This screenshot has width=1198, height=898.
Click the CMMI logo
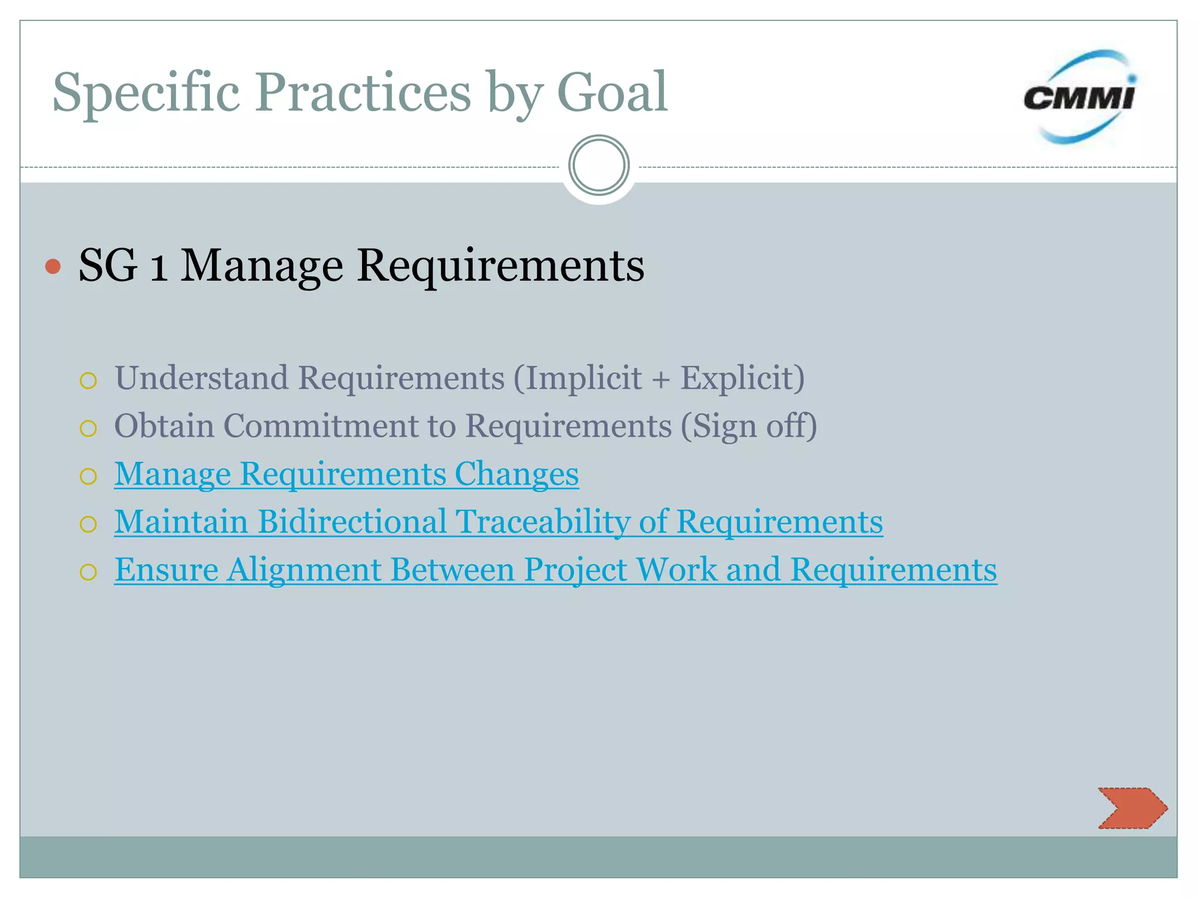click(x=1079, y=97)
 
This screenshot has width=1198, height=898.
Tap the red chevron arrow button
click(x=1132, y=808)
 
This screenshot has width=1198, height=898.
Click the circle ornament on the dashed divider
click(x=598, y=165)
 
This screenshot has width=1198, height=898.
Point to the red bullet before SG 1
click(x=53, y=267)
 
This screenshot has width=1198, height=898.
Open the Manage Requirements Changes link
click(x=346, y=474)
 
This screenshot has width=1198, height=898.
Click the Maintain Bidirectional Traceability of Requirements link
click(x=498, y=521)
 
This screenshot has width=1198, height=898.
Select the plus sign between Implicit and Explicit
click(x=661, y=380)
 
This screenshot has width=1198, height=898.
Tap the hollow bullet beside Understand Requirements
click(x=88, y=381)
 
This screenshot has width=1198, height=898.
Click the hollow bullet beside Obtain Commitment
click(x=88, y=429)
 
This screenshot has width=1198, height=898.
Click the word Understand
click(x=201, y=378)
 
